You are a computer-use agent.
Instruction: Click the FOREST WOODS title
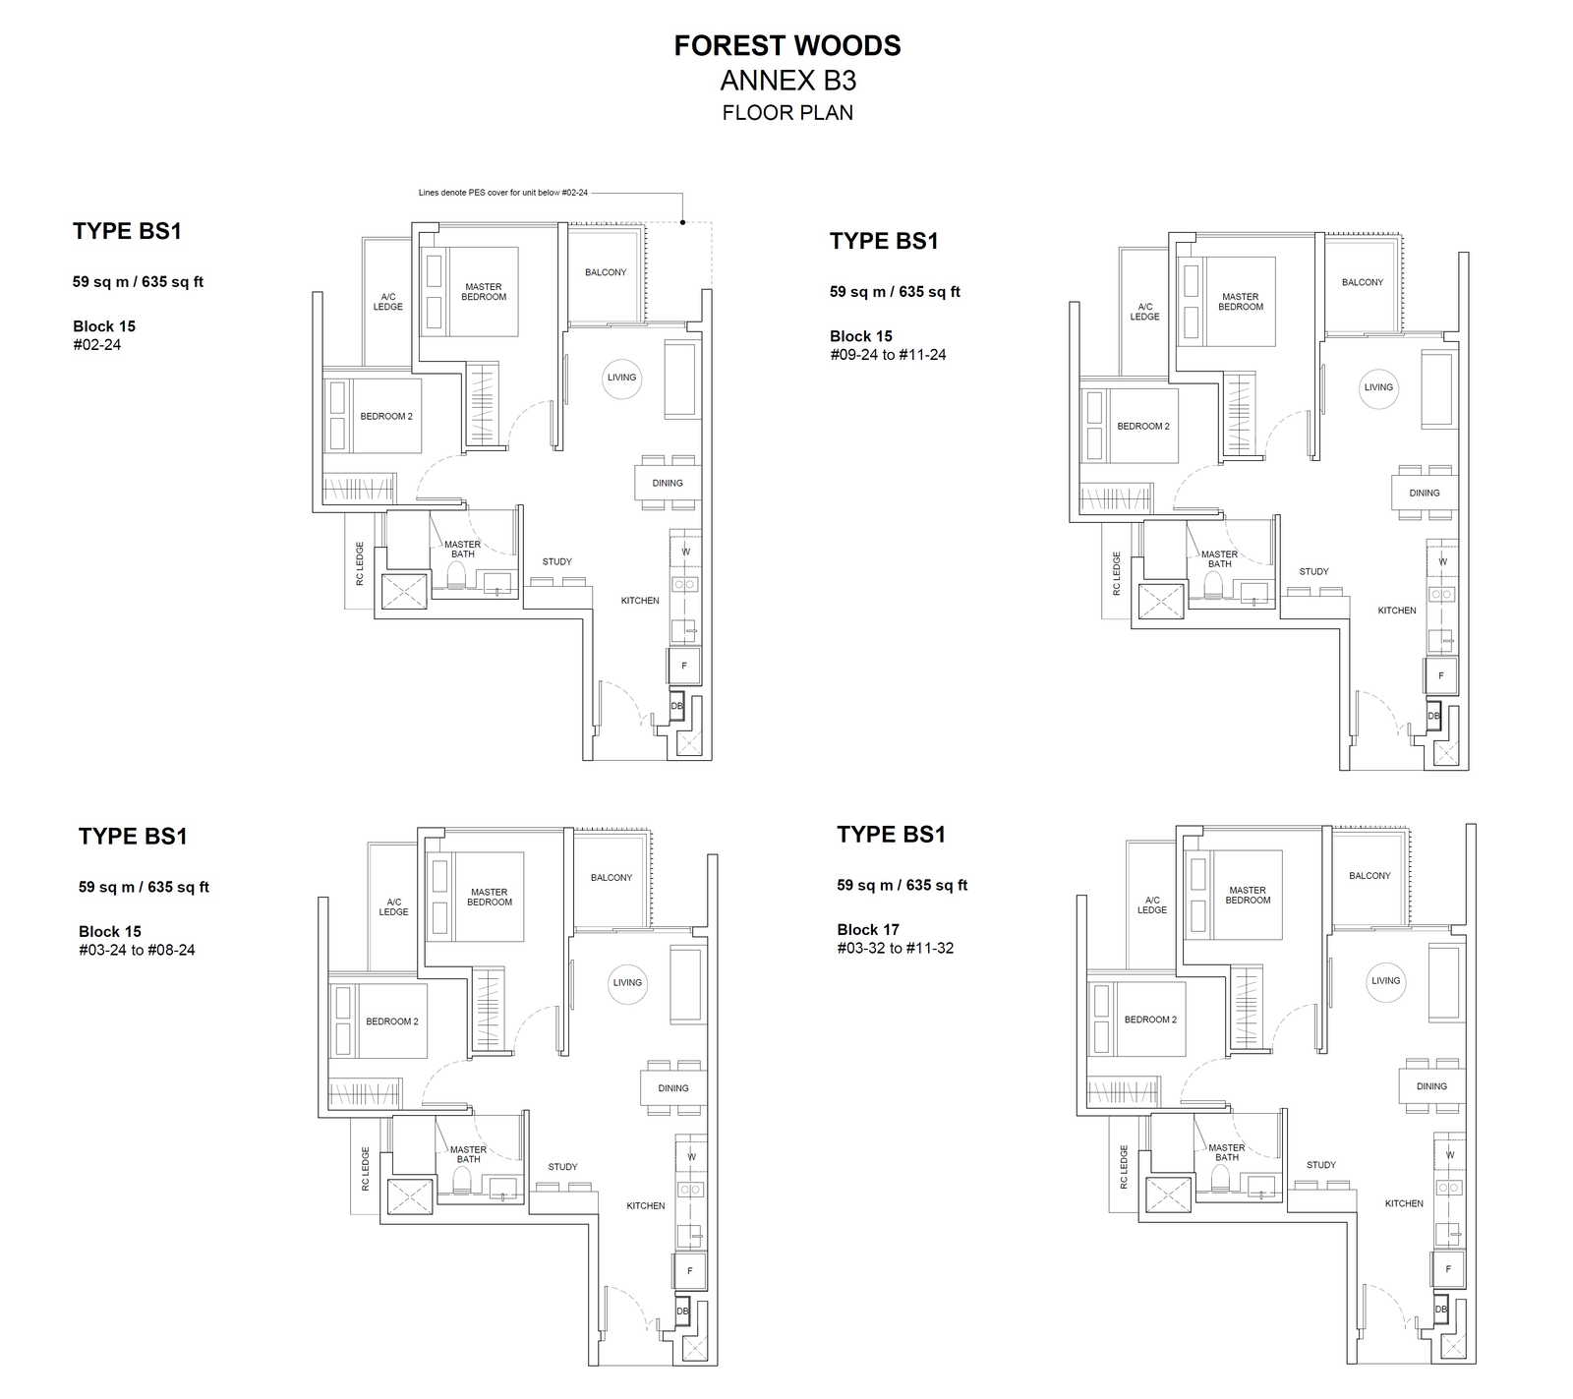pos(787,45)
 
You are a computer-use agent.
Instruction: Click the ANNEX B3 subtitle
pos(788,81)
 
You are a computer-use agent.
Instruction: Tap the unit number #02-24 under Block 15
pos(97,345)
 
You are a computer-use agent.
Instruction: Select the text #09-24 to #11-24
pos(888,355)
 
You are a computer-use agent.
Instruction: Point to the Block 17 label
pos(868,929)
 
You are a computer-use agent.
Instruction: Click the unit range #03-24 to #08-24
pos(137,950)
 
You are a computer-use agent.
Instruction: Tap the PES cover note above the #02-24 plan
pos(503,193)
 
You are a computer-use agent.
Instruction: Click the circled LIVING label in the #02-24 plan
pos(621,378)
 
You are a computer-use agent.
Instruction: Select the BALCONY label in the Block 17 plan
pos(1369,875)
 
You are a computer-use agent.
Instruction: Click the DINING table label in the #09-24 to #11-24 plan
pos(1425,493)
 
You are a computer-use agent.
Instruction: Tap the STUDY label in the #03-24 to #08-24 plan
pos(563,1167)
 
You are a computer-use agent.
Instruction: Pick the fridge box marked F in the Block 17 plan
pos(1448,1268)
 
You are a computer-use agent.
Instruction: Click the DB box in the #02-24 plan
pos(676,706)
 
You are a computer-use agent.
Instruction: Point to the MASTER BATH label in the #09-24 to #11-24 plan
pos(1219,559)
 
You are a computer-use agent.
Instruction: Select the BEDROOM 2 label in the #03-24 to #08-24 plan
pos(392,1021)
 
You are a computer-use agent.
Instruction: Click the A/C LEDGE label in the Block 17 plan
pos(1152,904)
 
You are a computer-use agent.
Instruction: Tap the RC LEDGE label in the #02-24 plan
pos(360,563)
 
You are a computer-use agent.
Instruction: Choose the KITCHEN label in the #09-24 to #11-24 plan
pos(1397,611)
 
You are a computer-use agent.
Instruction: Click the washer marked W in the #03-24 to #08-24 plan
pos(691,1156)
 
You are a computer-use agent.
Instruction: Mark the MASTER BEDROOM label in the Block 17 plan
pos(1248,895)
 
